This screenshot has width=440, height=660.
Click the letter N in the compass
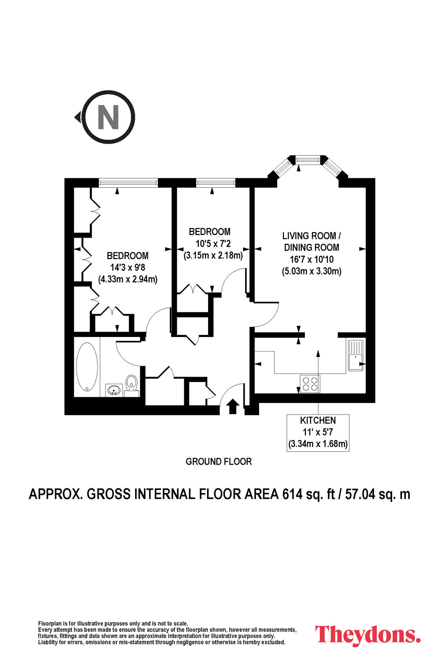[x=108, y=117]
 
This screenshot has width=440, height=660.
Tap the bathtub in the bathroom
[x=87, y=367]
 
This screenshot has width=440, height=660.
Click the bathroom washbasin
[x=114, y=390]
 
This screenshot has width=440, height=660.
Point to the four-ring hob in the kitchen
[x=310, y=384]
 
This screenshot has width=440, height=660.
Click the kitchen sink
[x=356, y=356]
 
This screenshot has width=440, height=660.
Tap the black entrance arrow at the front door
[x=233, y=406]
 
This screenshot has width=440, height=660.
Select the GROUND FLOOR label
[x=219, y=462]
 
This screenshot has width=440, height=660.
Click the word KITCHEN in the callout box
[x=318, y=420]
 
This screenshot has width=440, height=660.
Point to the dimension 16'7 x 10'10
[x=312, y=259]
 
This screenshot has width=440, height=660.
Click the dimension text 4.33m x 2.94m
[x=128, y=279]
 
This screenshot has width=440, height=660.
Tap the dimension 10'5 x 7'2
[x=213, y=244]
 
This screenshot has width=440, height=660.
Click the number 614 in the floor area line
[x=292, y=495]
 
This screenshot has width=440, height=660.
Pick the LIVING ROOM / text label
[x=312, y=236]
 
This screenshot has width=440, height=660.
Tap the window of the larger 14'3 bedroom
[x=128, y=183]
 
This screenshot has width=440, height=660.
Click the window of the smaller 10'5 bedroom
[x=216, y=183]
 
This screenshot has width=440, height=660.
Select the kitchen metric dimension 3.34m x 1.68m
[x=318, y=444]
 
